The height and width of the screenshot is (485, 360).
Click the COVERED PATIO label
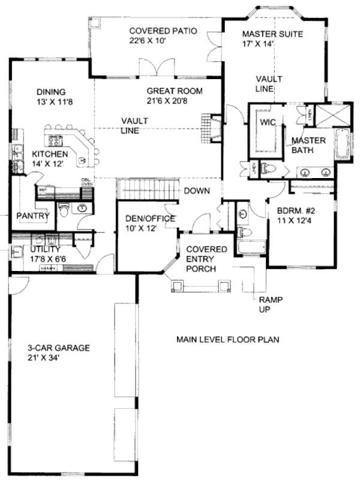tap(154, 35)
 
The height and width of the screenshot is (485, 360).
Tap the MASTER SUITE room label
tap(272, 38)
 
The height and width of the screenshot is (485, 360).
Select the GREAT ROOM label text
tap(175, 96)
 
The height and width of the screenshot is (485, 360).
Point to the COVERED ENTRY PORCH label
tap(205, 259)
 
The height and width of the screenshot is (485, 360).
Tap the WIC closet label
tap(267, 122)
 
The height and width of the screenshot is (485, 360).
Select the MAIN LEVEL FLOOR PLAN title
tap(227, 340)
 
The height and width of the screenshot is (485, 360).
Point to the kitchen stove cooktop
tap(56, 140)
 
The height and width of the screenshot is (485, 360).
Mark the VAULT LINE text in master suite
tap(265, 84)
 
